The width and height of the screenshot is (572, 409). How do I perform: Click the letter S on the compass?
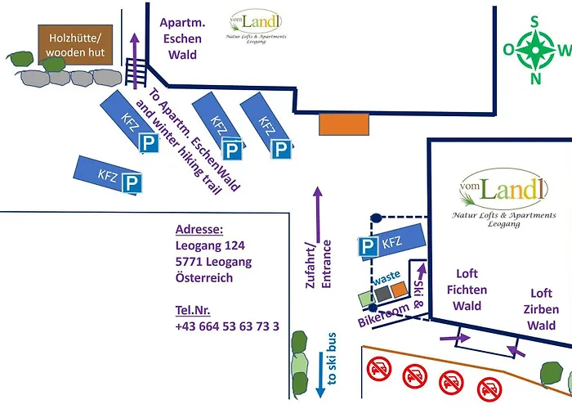[x=536, y=23]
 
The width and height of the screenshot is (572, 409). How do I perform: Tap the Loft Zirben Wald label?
[x=542, y=309]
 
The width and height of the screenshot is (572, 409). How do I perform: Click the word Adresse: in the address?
[x=199, y=229]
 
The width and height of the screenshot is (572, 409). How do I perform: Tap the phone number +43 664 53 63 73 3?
[x=227, y=326]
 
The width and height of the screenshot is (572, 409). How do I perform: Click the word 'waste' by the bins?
[x=387, y=276]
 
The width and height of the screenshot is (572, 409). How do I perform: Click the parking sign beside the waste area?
[x=370, y=246]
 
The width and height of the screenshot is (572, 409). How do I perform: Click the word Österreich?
[x=204, y=277]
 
